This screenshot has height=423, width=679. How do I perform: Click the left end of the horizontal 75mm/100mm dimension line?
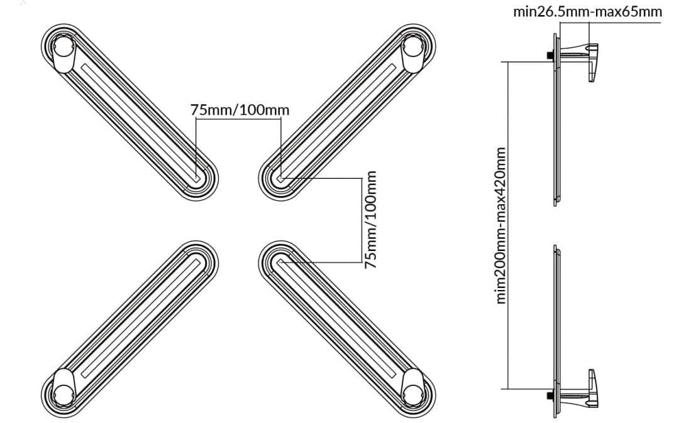tap(196, 119)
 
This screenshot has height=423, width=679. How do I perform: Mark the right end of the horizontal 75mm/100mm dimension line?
tap(280, 119)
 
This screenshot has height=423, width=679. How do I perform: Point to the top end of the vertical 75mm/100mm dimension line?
tap(362, 178)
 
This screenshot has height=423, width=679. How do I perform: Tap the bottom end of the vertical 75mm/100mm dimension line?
tap(362, 262)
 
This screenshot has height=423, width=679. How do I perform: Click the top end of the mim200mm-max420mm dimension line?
tap(507, 62)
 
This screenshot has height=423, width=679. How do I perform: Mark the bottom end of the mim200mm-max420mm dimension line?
tap(507, 389)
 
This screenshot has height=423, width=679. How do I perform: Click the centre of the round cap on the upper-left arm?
tap(63, 46)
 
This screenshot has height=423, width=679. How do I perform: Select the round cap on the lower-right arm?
tap(413, 393)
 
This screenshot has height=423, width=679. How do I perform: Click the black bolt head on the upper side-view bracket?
tap(550, 55)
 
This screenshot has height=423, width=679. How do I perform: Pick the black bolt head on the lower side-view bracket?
tap(550, 396)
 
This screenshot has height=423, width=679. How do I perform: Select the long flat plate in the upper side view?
tap(556, 119)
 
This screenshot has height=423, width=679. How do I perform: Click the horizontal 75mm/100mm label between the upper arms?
tap(240, 110)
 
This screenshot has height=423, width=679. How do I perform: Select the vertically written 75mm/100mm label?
tap(370, 220)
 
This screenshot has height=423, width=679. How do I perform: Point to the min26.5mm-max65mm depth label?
tap(588, 12)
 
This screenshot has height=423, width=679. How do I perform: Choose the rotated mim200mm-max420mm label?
tap(501, 225)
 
